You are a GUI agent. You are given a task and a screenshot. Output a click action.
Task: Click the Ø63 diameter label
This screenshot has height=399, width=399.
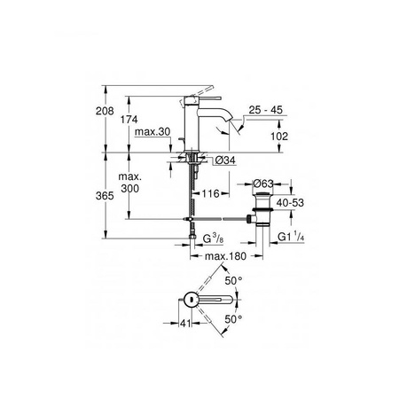coord(265,184)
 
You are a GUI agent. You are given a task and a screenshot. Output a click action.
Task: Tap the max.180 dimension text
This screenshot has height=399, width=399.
coord(225,258)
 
